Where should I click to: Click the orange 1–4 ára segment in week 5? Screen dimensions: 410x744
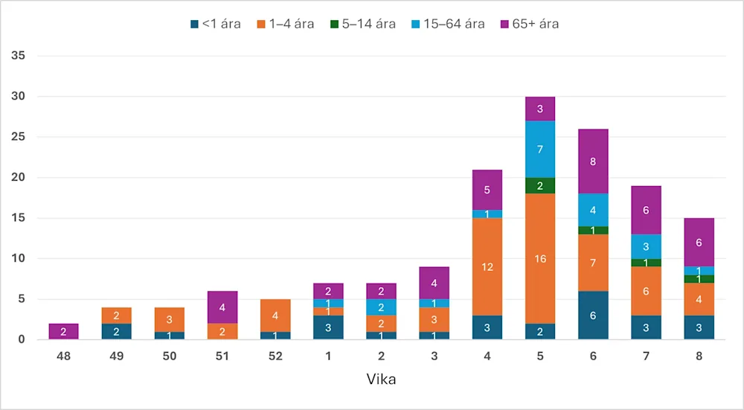[540, 258]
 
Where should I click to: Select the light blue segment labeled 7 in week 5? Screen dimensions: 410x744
[540, 150]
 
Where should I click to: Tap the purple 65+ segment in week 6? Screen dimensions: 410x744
[593, 161]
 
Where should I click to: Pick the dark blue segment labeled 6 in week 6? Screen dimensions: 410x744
[593, 315]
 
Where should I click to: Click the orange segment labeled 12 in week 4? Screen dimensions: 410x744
[487, 266]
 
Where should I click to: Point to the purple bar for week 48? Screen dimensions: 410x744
[63, 332]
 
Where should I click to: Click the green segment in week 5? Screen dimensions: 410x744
[540, 186]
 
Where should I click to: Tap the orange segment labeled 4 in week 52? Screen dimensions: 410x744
[275, 315]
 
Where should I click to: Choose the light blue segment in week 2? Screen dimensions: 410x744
[381, 307]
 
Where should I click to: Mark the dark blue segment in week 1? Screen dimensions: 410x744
[328, 327]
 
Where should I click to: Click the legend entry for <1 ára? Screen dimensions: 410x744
[215, 24]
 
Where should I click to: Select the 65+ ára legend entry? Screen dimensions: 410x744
[529, 24]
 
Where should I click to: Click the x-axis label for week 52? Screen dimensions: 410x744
[275, 356]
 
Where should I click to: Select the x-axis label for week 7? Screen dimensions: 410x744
[646, 356]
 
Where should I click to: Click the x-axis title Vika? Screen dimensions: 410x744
[381, 379]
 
